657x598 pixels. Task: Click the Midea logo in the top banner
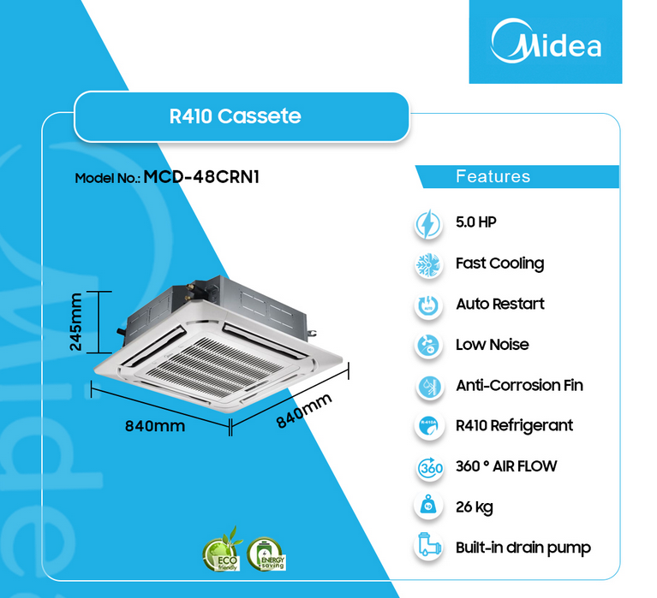[x=545, y=42]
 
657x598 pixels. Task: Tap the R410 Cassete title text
[x=236, y=115]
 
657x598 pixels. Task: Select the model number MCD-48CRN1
[x=201, y=177]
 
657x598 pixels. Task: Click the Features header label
[x=493, y=176]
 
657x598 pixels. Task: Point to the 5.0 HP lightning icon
[x=427, y=223]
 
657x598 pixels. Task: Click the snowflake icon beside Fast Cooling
[x=427, y=263]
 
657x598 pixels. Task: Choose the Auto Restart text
[x=499, y=304]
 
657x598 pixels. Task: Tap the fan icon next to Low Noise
[x=427, y=345]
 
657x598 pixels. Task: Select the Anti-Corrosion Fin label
[x=519, y=385]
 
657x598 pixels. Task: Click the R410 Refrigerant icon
[x=427, y=426]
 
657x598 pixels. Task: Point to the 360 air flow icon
[x=427, y=467]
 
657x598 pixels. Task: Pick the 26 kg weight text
[x=474, y=507]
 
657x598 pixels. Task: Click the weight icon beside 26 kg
[x=427, y=507]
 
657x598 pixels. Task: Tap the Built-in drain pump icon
[x=427, y=548]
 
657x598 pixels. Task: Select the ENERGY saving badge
[x=265, y=554]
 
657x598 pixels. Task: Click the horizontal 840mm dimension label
[x=155, y=425]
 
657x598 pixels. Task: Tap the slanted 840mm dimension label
[x=303, y=412]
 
